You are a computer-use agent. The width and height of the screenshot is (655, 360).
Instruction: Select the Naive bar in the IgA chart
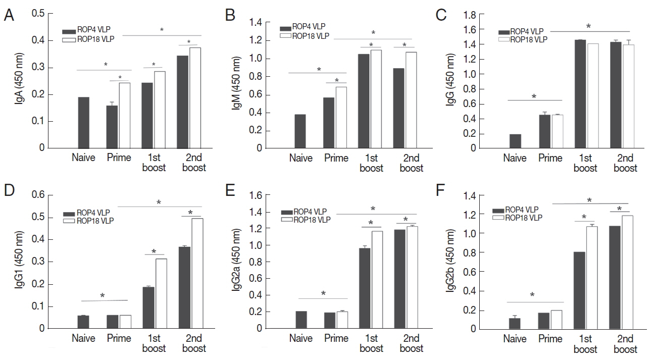point(84,122)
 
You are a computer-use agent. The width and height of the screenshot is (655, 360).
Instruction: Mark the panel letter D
point(9,191)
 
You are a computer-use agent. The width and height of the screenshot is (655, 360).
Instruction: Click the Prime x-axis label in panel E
point(336,338)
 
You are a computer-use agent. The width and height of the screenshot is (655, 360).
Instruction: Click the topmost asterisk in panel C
point(588,26)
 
